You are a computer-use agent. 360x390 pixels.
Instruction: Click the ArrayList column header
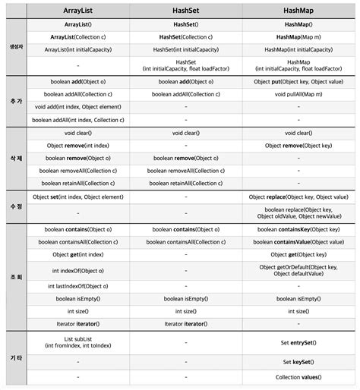[x=79, y=11]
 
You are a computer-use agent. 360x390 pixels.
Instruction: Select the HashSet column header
[x=186, y=11]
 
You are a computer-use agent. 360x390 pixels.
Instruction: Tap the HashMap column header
[x=298, y=11]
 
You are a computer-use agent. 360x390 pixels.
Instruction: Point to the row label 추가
[x=14, y=100]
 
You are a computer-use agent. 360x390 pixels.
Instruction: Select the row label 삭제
[x=14, y=157]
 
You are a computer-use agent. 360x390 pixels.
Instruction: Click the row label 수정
[x=14, y=206]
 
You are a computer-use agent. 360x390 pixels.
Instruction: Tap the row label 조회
[x=14, y=277]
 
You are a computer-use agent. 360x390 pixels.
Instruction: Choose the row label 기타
[x=14, y=357]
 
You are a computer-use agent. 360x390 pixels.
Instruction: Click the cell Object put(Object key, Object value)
[x=298, y=81]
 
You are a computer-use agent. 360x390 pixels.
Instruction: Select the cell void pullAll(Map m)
[x=298, y=94]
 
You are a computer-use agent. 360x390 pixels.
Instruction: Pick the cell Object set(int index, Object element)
[x=79, y=197]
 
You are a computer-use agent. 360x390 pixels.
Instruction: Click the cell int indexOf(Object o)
[x=79, y=271]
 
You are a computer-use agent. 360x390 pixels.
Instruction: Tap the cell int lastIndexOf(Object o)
[x=79, y=286]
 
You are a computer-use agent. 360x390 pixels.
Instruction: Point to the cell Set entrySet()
[x=298, y=342]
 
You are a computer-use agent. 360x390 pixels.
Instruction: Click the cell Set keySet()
[x=298, y=362]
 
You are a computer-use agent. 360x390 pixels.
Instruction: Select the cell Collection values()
[x=298, y=377]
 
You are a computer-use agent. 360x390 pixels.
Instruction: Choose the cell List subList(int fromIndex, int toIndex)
[x=79, y=342]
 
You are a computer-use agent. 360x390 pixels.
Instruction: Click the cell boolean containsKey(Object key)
[x=298, y=228]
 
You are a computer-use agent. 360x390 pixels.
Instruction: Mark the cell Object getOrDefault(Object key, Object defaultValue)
[x=298, y=271]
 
